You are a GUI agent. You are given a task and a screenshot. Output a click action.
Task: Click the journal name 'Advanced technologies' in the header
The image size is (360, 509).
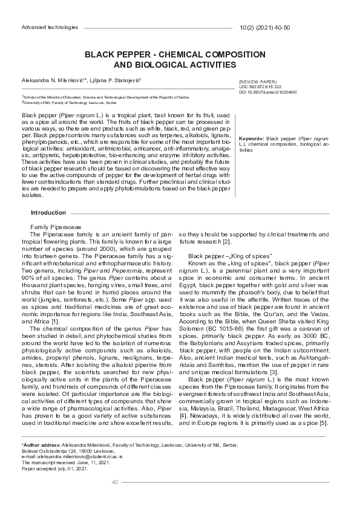[x=50, y=28]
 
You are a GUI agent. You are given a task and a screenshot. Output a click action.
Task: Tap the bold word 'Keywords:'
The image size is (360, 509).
[x=252, y=138]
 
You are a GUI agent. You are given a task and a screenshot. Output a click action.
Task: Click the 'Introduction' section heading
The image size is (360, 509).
[x=48, y=213]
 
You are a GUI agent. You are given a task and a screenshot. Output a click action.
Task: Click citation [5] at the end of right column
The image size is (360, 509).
[x=324, y=423]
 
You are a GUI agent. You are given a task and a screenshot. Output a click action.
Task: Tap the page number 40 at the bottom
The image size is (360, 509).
[x=115, y=482]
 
